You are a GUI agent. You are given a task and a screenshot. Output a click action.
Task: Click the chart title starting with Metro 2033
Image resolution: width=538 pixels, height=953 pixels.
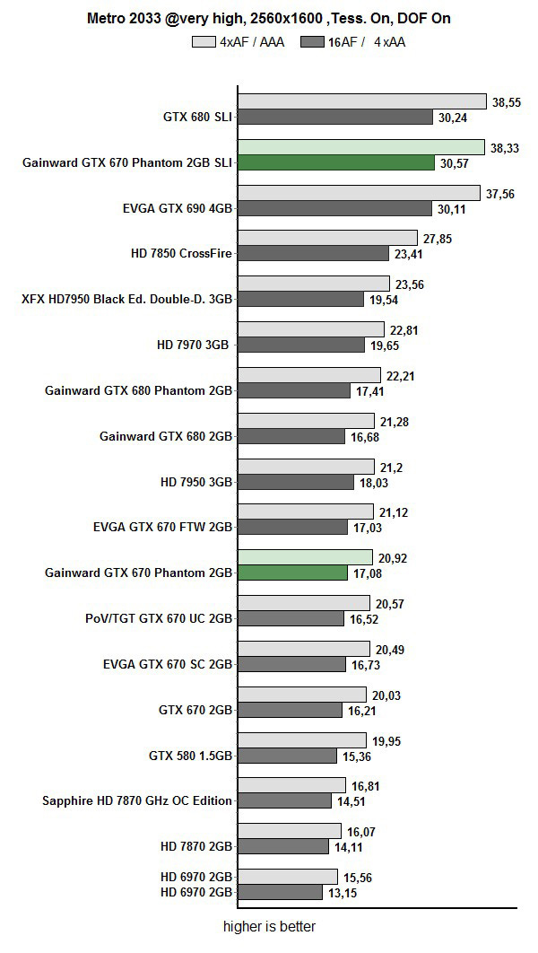tap(268, 17)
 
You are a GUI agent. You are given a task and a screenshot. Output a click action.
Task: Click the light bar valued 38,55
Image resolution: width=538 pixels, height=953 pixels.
tap(361, 102)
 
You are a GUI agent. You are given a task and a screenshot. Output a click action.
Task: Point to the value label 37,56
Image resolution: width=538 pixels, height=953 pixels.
tap(501, 194)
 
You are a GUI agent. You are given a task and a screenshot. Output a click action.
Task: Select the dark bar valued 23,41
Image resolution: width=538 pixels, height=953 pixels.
tap(313, 254)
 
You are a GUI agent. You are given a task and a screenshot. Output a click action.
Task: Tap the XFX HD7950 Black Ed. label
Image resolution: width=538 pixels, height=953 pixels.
tap(127, 300)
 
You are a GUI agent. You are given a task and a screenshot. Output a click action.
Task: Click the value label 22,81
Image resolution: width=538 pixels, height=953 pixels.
tap(404, 330)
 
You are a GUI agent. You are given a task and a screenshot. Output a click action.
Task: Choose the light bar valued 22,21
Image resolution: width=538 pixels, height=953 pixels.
tap(308, 375)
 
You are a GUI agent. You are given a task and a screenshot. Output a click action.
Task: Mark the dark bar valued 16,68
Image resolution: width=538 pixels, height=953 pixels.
tap(291, 437)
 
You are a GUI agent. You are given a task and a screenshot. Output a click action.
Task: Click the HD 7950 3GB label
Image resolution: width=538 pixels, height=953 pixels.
tap(196, 482)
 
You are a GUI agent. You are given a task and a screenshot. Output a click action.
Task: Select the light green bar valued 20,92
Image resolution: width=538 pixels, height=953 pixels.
tap(305, 558)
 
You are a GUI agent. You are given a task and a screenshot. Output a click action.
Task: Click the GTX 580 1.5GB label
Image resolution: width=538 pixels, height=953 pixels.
tap(190, 756)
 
